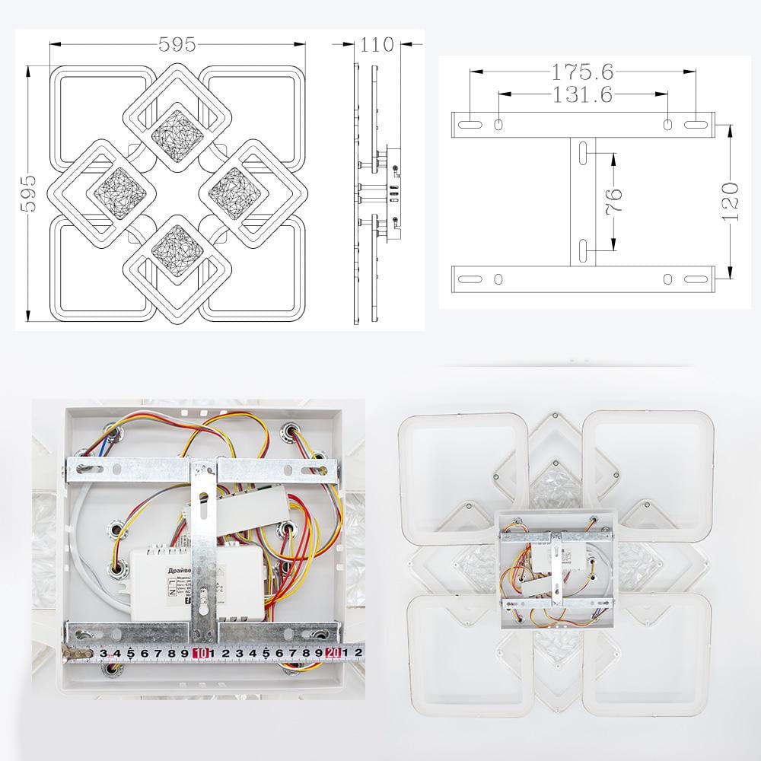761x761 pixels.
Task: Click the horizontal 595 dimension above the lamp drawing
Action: pos(177,45)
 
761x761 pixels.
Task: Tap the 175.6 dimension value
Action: pos(583,72)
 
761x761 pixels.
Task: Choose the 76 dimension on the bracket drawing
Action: pos(615,199)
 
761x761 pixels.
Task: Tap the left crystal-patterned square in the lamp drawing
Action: pos(118,191)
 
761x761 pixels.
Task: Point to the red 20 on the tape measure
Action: pos(333,652)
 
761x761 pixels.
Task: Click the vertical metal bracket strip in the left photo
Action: pos(203,548)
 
